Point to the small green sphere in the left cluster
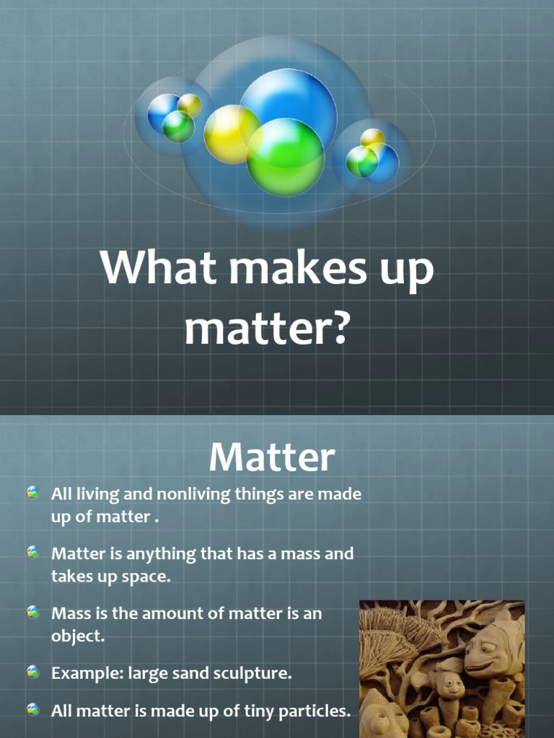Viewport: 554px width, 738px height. (178, 127)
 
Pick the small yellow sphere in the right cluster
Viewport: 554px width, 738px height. (372, 138)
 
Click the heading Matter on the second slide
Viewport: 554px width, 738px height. (272, 458)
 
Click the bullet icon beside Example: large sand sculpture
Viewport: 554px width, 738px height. (33, 673)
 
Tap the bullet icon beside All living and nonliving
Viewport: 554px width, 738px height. (33, 494)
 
